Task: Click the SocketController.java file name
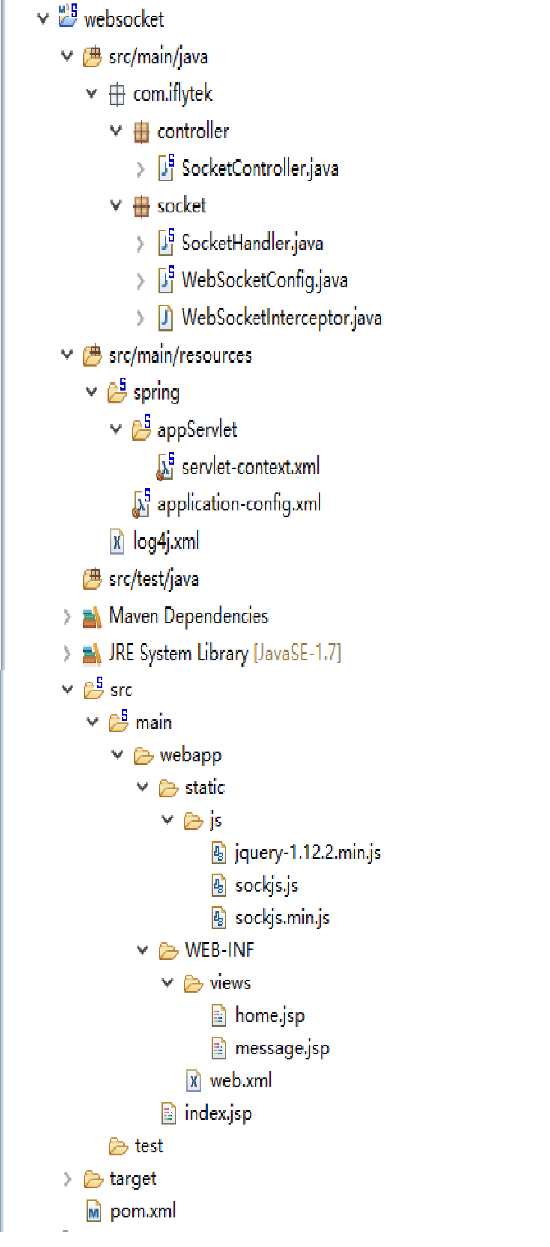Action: coord(260,168)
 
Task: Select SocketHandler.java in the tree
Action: coord(252,243)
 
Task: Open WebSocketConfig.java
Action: coord(264,280)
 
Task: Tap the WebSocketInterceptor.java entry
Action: coord(281,318)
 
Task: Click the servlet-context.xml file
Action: coord(250,467)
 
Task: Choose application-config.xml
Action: coord(239,504)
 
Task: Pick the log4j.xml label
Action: coord(166,541)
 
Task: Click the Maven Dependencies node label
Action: coord(188,616)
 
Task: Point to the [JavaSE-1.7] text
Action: coord(297,653)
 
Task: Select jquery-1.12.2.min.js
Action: coord(308,853)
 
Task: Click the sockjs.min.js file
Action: coord(282,918)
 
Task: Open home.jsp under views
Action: coord(270,1016)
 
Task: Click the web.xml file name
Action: coord(241,1080)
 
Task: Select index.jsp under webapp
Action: coord(218,1113)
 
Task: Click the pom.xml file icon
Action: coord(93,1211)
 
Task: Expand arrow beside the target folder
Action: coord(67,1179)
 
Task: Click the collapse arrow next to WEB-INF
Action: coord(142,950)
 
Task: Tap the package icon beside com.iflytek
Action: coord(117,94)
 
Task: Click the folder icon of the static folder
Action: coord(168,788)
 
